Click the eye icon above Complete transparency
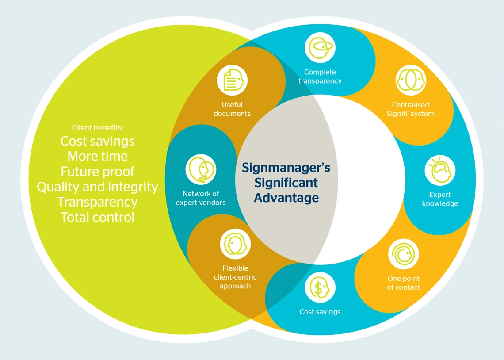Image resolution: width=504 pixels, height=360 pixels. pos(320,47)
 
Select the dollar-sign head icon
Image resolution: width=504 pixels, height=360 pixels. pos(320,288)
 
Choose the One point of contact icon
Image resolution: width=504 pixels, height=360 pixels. pos(403,254)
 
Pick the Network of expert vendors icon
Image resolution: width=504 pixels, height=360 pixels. pos(201,169)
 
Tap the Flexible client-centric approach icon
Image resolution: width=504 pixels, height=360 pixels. pos(235,244)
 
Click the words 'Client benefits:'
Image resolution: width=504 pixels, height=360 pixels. pos(98,128)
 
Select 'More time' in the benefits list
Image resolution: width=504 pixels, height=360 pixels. pos(97,156)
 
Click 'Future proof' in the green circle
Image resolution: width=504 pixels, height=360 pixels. pos(97,172)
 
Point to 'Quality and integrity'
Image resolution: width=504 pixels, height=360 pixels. pos(97,187)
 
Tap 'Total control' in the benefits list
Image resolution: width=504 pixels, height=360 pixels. pos(97,217)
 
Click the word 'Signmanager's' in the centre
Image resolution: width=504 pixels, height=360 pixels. pos(286,168)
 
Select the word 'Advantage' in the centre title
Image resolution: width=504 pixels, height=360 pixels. pos(286,198)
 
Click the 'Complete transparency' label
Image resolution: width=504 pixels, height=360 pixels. pos(320,77)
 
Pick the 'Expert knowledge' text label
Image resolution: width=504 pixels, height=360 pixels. pos(440,199)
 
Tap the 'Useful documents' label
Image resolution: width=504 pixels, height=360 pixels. pos(232,109)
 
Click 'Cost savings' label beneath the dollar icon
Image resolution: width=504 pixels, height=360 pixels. pos(320,312)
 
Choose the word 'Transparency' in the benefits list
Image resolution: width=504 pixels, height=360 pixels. pos(97,202)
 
